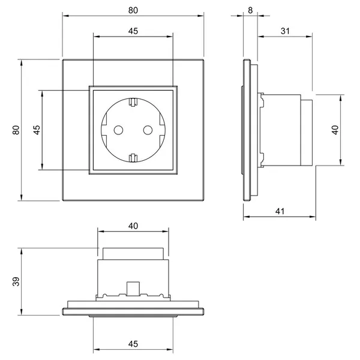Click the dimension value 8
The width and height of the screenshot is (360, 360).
pyautogui.click(x=250, y=10)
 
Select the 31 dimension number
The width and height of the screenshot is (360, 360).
pyautogui.click(x=285, y=31)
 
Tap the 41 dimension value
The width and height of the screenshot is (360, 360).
pyautogui.click(x=280, y=211)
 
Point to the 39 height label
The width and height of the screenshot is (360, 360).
pyautogui.click(x=16, y=281)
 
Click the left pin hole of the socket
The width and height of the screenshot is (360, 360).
pyautogui.click(x=118, y=130)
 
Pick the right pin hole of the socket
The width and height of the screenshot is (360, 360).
pyautogui.click(x=148, y=130)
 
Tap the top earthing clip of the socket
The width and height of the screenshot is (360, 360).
pyautogui.click(x=133, y=102)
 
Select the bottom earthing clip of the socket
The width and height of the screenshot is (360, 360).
pyautogui.click(x=133, y=158)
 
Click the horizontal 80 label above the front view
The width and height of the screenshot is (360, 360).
pyautogui.click(x=133, y=10)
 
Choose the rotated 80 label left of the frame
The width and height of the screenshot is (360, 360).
pyautogui.click(x=16, y=130)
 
